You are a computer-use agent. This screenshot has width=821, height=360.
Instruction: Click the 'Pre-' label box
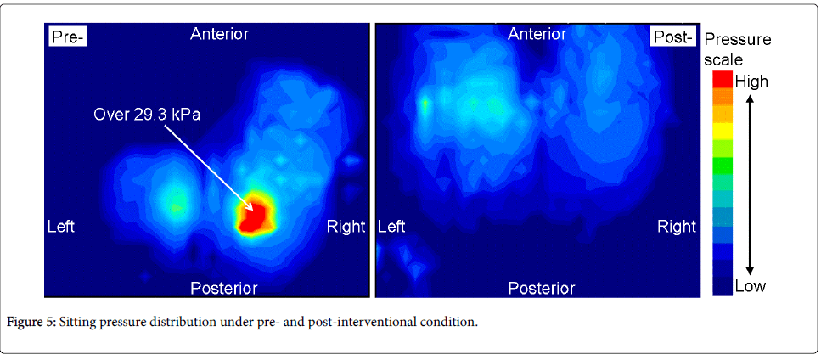coord(68,37)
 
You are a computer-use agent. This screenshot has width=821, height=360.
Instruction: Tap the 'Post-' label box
coord(672,37)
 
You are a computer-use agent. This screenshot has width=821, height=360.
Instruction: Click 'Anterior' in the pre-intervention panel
coord(219,35)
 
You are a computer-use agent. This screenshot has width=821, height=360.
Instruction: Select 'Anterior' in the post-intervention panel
coord(537,35)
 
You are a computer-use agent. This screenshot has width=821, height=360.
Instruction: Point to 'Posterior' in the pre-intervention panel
coord(223,288)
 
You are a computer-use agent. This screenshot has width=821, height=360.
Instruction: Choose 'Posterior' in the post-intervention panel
coord(542,288)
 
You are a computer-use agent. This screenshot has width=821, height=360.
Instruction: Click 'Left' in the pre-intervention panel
coord(61,227)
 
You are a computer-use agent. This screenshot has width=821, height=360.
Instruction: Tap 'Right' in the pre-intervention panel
coord(346,227)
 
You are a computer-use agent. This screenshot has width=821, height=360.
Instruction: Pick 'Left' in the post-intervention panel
coord(391,227)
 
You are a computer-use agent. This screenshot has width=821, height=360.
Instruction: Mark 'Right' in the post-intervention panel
coord(677,227)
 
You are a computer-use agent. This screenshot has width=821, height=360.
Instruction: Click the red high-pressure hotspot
coord(256,214)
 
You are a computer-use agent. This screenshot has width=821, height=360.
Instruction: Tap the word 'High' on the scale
coord(751,82)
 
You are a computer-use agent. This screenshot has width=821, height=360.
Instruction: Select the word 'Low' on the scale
coord(751,285)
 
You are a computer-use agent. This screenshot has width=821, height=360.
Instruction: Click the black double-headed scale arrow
coord(750,184)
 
